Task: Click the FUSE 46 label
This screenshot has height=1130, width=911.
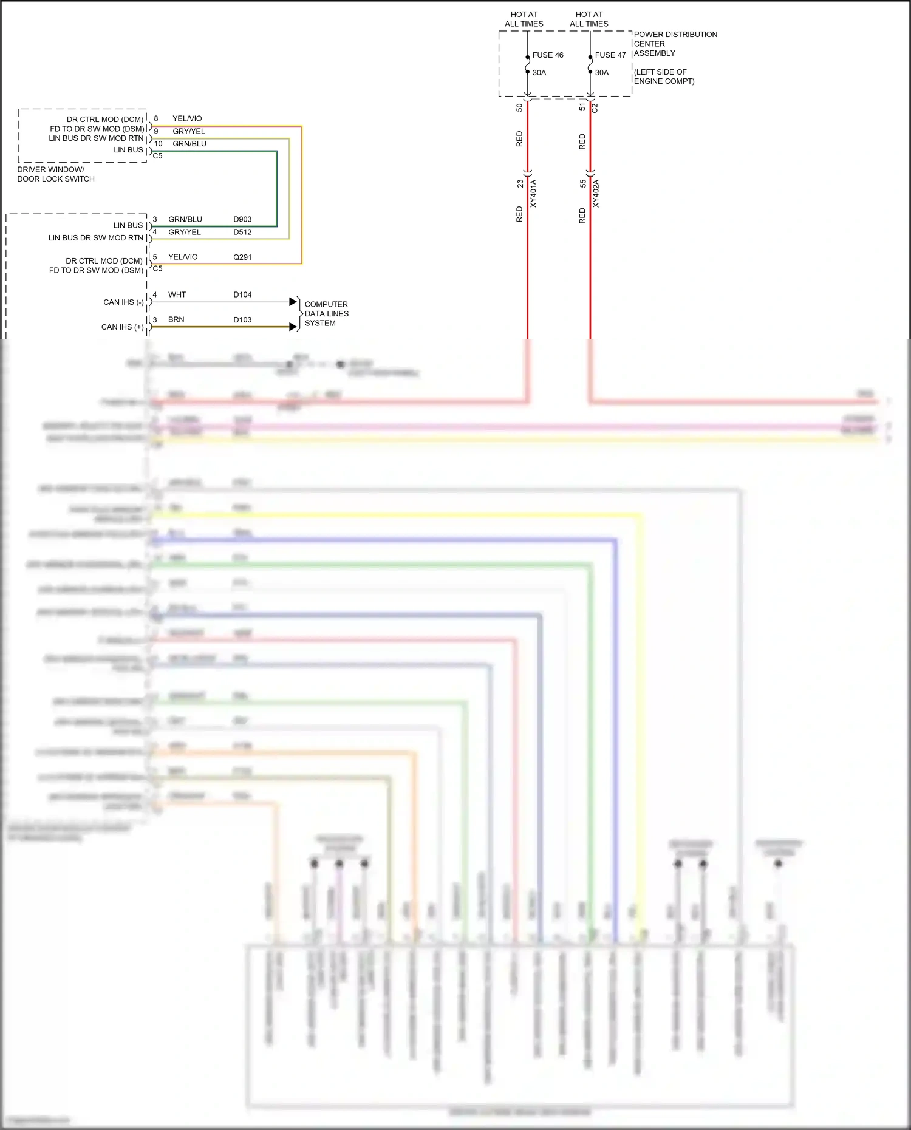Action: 547,55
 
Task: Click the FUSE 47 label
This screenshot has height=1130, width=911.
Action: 610,55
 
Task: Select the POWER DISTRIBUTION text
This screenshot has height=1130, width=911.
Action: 675,35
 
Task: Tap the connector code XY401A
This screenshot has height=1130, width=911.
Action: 534,194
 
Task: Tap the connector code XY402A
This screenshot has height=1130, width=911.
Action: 596,194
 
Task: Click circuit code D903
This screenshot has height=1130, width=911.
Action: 242,219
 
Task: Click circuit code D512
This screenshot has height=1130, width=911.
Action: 242,232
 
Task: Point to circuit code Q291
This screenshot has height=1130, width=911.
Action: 242,257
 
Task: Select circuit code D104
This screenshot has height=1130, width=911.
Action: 242,295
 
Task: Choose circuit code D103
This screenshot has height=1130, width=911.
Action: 242,320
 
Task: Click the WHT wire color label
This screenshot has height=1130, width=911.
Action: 177,295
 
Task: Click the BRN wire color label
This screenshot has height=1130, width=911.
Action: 176,320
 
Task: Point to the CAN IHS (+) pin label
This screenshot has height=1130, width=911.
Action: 122,327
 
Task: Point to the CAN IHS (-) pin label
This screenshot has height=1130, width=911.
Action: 123,302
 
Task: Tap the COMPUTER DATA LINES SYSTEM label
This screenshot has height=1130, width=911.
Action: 326,314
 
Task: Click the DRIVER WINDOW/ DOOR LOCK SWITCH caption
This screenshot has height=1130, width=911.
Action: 55,174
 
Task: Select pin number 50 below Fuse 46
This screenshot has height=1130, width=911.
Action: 519,107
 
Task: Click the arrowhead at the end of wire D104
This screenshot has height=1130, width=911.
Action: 293,302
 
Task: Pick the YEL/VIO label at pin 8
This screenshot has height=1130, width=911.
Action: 187,119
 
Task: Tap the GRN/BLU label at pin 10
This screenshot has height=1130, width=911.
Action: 189,144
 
